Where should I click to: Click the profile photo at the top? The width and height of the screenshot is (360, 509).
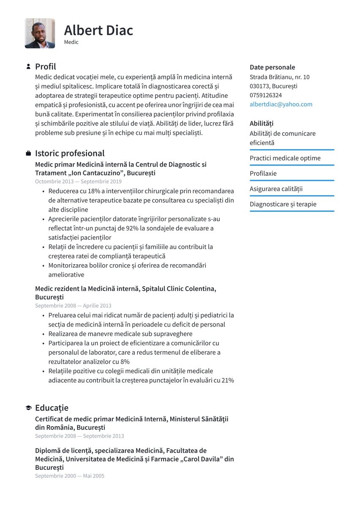coord(40,33)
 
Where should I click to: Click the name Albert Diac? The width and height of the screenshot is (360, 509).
coord(98,30)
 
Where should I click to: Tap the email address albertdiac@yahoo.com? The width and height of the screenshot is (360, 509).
coord(281,104)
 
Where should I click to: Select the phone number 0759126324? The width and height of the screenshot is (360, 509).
coord(266,95)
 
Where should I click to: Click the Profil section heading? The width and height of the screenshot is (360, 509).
coord(45,66)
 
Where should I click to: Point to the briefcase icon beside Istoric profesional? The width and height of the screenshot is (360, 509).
coord(28,153)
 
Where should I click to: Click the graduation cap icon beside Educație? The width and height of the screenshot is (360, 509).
coord(28,408)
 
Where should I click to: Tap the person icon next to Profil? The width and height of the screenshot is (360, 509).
coord(28,66)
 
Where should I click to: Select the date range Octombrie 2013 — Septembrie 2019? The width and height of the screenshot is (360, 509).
coord(78,181)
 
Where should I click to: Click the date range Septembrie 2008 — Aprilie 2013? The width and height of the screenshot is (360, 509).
coord(73,305)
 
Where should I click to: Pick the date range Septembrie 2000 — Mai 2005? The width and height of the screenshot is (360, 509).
coord(69,476)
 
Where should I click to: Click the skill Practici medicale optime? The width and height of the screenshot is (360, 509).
coord(285,158)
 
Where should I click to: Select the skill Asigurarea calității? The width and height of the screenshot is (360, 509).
coord(276,189)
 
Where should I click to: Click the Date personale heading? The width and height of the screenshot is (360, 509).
coord(272,67)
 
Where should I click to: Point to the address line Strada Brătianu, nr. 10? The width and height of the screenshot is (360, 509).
coord(279,77)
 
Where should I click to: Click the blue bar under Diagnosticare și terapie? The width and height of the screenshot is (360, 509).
coord(292,211)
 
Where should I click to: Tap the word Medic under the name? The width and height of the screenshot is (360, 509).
coord(71,42)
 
